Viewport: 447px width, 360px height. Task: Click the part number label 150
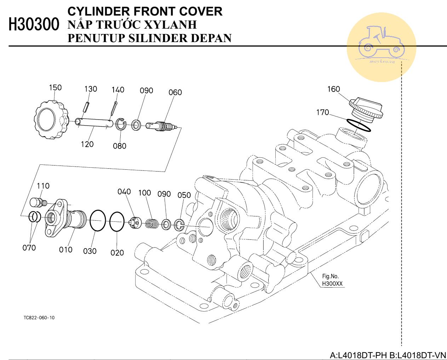tap(55, 87)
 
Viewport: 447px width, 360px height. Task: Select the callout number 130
tap(91, 89)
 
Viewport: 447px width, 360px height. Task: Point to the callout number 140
tap(118, 89)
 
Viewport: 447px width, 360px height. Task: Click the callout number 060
tap(175, 92)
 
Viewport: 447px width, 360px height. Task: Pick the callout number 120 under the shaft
tap(87, 144)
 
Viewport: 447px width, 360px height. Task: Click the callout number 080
tap(120, 146)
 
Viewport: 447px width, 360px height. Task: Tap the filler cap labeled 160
tap(366, 108)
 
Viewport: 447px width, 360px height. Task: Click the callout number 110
tap(43, 186)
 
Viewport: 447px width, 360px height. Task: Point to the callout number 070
tap(29, 248)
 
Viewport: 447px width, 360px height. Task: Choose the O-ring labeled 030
tap(98, 221)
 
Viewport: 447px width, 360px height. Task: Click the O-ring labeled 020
tap(117, 222)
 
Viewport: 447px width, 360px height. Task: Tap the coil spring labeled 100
tap(152, 223)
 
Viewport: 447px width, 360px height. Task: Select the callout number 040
tap(124, 191)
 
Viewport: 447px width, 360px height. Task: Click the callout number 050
tap(184, 195)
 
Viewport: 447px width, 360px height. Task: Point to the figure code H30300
tap(34, 25)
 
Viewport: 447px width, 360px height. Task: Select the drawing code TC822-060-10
tap(39, 317)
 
